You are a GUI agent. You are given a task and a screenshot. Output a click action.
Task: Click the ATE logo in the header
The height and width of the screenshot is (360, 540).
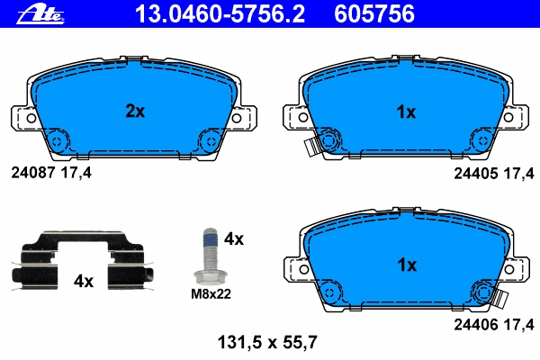[x=40, y=14]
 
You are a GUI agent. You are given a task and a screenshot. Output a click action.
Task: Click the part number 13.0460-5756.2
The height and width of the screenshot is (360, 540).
[x=220, y=14]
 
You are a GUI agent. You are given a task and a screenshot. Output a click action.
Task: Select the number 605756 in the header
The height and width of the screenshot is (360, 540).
[x=374, y=14]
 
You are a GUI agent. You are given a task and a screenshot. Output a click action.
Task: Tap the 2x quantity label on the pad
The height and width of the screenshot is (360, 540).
[x=135, y=111]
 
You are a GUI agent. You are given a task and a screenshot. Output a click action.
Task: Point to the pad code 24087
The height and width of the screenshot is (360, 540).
[x=33, y=173]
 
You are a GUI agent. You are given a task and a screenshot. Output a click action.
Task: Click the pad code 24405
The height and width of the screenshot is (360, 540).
[x=475, y=174]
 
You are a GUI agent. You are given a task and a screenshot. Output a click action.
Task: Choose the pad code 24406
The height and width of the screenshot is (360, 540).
[x=475, y=325]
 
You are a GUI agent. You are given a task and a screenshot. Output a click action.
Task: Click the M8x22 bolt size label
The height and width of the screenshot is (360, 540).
[x=211, y=294]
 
